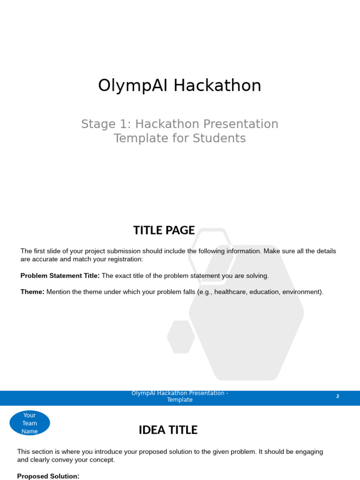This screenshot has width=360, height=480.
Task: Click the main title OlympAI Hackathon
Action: pyautogui.click(x=180, y=86)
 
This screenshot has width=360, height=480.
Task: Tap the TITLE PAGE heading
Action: pyautogui.click(x=164, y=230)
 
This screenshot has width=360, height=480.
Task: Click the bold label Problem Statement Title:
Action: pyautogui.click(x=60, y=276)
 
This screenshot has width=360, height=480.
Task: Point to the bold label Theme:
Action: pyautogui.click(x=32, y=292)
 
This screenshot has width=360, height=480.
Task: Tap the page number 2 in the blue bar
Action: pyautogui.click(x=337, y=397)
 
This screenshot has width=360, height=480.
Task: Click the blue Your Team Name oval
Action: pyautogui.click(x=30, y=423)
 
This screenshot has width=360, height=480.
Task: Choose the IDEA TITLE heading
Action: pyautogui.click(x=168, y=430)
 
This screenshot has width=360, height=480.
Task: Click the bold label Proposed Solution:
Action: pyautogui.click(x=48, y=476)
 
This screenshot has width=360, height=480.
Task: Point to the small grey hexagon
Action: pyautogui.click(x=181, y=337)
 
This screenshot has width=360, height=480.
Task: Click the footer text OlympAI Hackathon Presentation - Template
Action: pyautogui.click(x=180, y=397)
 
